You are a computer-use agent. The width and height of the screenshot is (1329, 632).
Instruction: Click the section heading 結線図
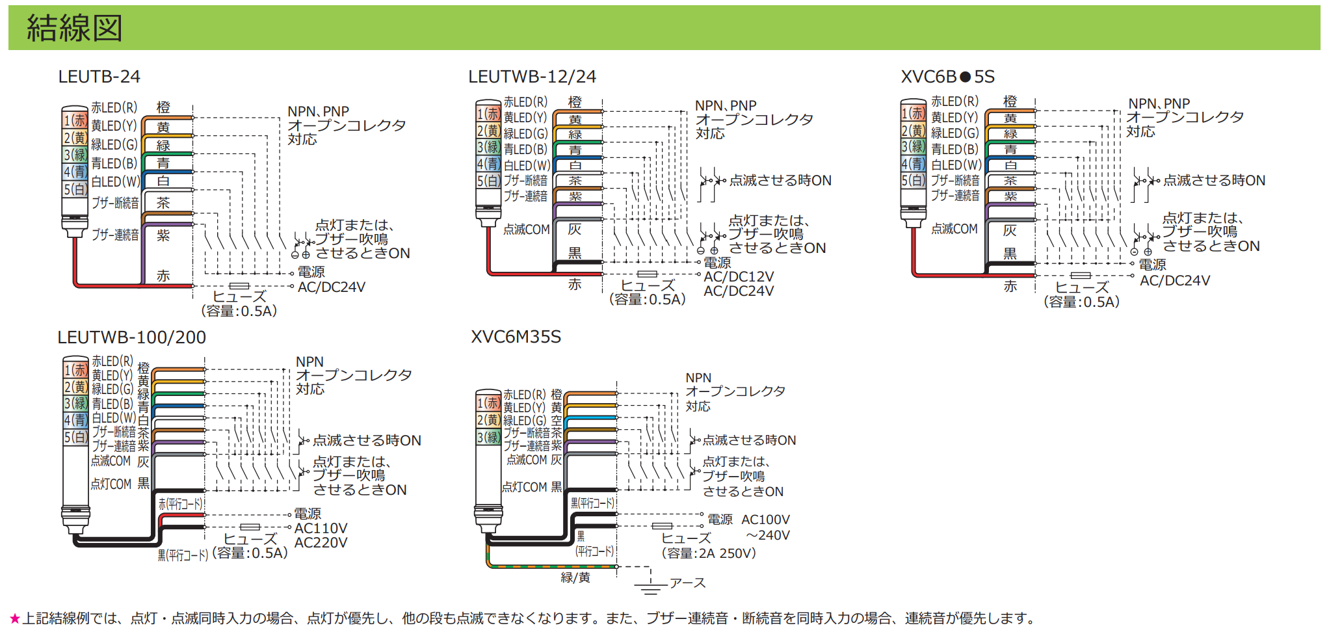coord(74,28)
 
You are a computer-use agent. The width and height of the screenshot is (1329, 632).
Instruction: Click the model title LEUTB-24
coord(99,77)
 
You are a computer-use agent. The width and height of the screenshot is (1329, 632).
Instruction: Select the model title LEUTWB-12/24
coord(532,77)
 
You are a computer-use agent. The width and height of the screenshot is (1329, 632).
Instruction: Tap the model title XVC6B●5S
coord(947,77)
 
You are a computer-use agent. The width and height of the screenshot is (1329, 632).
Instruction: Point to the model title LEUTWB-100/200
coord(131,337)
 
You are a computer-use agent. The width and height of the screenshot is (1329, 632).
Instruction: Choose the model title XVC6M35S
coord(516,337)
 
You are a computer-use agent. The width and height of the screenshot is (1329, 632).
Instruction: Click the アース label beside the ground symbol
coord(687,583)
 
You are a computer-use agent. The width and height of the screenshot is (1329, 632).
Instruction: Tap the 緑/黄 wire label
coord(575,577)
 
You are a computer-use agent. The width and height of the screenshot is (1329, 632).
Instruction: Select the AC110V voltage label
coord(321,528)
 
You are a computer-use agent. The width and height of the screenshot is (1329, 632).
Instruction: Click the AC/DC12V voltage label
coord(739,277)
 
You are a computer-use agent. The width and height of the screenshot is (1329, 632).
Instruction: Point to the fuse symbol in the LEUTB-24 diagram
coord(239,285)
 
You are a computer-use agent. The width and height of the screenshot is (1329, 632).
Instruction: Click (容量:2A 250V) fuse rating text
coord(709,553)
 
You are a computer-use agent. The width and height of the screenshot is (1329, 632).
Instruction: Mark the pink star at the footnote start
coord(15,618)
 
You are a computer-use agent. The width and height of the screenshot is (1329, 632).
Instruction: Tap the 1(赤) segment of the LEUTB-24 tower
coord(75,120)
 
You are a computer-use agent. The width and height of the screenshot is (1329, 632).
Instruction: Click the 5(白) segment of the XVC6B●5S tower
coord(913,180)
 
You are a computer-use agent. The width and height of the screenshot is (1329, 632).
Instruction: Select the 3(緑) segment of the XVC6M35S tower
coord(488,437)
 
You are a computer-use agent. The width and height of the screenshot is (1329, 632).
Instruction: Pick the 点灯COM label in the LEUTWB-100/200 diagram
coord(111,484)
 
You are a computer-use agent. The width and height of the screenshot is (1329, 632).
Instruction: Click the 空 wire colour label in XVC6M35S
coord(557,421)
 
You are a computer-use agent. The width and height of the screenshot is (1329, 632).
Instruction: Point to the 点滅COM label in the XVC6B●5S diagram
coord(954,229)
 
